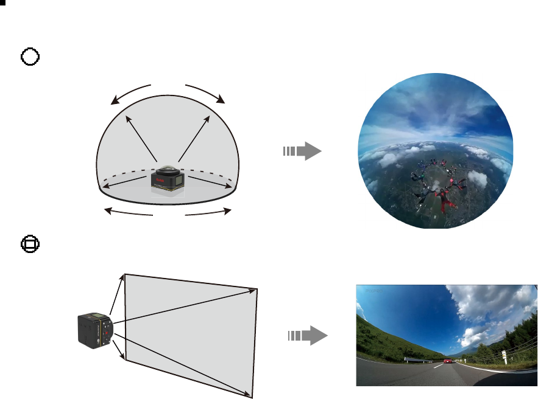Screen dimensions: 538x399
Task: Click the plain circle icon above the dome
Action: pyautogui.click(x=30, y=57)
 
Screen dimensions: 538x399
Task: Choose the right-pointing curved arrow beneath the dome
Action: pyautogui.click(x=208, y=212)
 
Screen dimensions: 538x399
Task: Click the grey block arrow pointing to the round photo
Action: pyautogui.click(x=302, y=151)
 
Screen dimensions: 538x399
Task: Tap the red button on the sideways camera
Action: pyautogui.click(x=106, y=333)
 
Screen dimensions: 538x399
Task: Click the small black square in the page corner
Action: pyautogui.click(x=2, y=2)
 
